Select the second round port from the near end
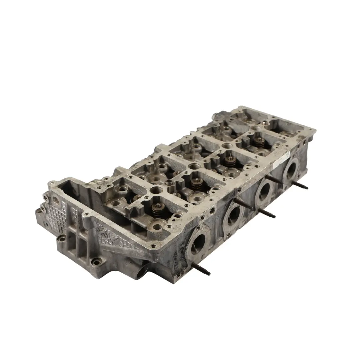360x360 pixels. [x=234, y=215]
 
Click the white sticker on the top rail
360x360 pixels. [x=279, y=162]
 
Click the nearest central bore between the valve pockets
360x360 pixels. [x=156, y=191]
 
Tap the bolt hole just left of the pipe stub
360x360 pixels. [x=96, y=262]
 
